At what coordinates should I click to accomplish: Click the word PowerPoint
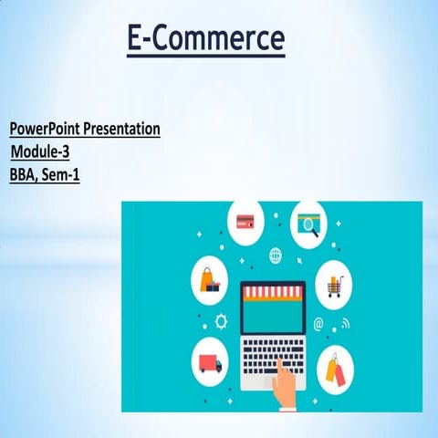47,129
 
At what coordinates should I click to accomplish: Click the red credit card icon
245,220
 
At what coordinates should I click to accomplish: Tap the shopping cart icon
333,286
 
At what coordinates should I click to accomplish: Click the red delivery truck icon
210,362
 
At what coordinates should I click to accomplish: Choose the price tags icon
332,370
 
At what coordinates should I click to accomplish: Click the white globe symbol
275,255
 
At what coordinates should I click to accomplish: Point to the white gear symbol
220,321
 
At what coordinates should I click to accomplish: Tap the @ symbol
318,323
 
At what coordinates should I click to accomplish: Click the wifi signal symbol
345,325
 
